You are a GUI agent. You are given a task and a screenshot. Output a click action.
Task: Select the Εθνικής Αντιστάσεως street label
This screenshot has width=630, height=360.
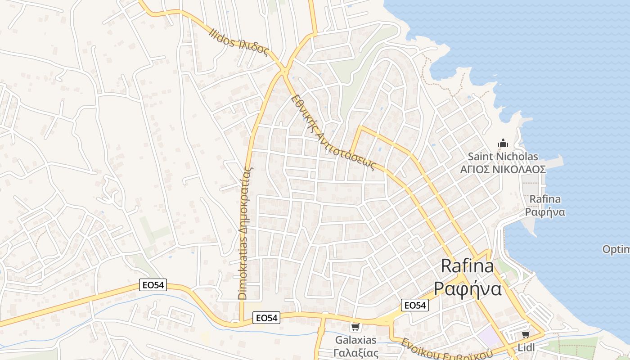333,132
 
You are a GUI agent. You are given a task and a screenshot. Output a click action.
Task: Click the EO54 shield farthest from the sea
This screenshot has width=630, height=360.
153,285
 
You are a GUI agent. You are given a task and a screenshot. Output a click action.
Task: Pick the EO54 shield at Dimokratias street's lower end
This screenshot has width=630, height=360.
266,317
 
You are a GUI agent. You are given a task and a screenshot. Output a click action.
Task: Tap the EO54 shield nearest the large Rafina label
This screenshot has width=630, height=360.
414,305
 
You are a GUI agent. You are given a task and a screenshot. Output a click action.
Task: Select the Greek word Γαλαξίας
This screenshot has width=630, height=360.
356,352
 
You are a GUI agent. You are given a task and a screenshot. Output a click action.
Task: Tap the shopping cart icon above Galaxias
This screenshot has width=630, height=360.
355,326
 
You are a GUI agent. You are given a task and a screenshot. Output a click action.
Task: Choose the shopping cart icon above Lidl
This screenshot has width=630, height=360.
525,334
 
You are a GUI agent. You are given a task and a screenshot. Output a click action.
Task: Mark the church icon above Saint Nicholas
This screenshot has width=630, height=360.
503,144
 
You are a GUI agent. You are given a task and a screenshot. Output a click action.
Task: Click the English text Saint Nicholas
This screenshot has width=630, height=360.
503,157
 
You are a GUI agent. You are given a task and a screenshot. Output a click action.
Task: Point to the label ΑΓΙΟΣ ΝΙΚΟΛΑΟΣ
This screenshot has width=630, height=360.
503,170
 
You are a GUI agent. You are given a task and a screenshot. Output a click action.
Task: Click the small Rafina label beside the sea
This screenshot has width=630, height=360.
545,199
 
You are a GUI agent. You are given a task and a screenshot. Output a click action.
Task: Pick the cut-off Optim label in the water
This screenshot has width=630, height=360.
616,249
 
